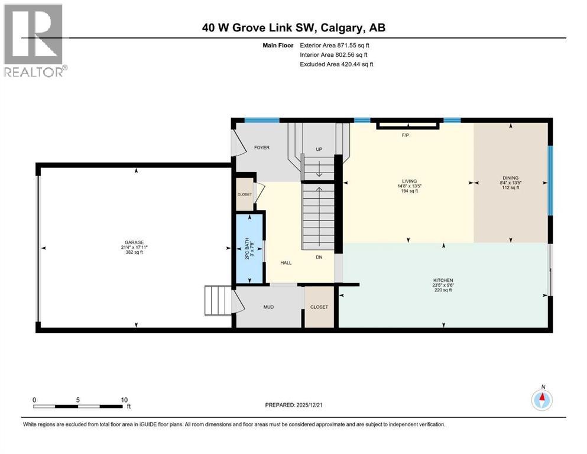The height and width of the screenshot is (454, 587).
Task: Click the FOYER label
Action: click(262, 147)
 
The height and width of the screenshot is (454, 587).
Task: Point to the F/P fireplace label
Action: click(406, 135)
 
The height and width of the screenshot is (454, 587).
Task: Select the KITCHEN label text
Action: click(442, 280)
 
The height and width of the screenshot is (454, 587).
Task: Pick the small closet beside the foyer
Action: click(245, 194)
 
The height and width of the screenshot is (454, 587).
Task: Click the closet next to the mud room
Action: click(319, 307)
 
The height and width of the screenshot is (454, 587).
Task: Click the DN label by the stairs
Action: click(319, 258)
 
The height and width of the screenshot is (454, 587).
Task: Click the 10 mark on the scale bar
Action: click(124, 399)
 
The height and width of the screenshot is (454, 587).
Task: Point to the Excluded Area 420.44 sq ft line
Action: click(336, 64)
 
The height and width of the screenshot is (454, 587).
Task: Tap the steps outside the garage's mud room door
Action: click(218, 300)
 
